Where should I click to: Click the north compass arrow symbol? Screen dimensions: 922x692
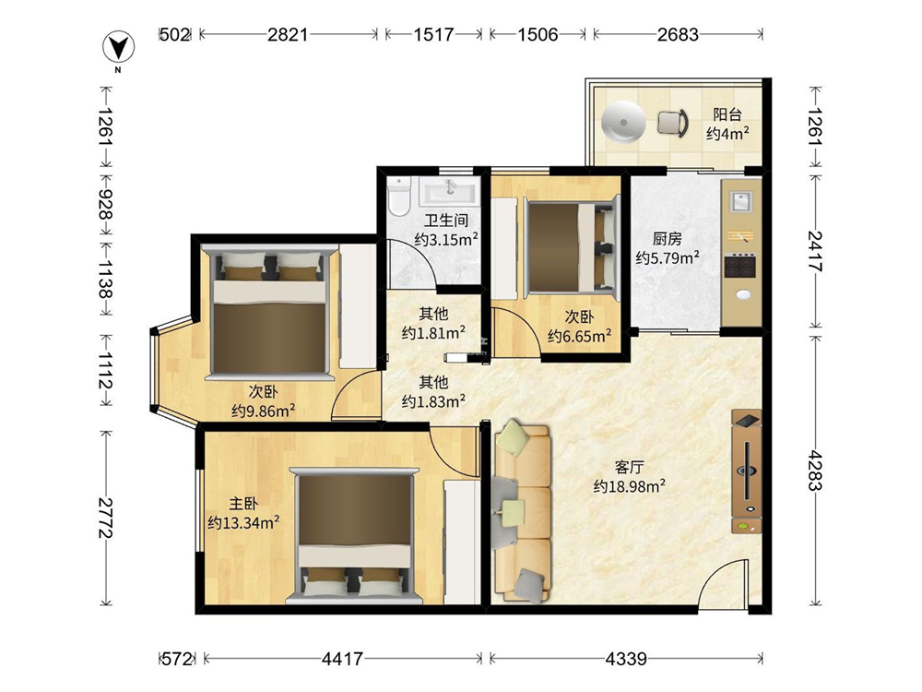click(119, 47)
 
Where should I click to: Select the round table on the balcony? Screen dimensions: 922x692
click(623, 124)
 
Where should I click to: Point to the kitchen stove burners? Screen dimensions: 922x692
click(739, 266)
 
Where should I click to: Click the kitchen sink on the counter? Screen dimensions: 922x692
click(741, 201)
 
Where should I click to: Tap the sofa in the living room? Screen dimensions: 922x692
click(523, 511)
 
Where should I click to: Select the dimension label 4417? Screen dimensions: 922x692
click(342, 659)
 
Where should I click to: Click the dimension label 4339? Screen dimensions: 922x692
click(626, 659)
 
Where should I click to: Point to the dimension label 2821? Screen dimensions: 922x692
click(288, 34)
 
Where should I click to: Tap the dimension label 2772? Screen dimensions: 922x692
click(106, 518)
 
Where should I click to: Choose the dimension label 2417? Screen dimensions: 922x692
click(815, 251)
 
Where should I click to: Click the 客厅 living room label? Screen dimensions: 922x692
click(629, 467)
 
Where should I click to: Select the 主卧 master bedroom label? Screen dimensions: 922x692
click(243, 504)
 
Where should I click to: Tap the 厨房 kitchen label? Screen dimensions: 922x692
click(668, 238)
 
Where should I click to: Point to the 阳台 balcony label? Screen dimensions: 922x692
click(727, 114)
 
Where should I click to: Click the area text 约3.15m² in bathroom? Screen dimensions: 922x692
click(446, 240)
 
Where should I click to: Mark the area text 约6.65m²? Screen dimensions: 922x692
click(580, 336)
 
